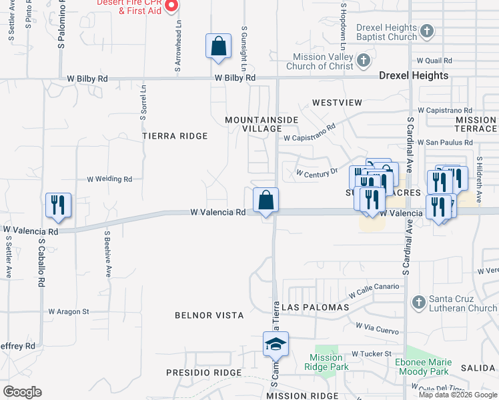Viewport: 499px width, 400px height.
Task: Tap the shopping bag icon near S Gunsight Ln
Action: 218,47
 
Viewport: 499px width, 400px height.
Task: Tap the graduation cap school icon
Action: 276,345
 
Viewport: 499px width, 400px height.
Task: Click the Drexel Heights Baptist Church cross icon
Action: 427,31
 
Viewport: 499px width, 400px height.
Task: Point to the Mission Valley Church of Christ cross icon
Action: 363,61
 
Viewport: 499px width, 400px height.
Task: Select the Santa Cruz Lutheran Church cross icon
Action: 418,302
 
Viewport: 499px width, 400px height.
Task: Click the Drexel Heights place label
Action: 414,76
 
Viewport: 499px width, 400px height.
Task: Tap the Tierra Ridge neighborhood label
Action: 175,136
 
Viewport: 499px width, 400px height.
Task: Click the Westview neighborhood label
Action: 336,103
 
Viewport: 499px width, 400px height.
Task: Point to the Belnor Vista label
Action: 209,315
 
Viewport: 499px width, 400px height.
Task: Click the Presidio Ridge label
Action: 197,372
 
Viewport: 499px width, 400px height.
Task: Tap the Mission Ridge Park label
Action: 326,362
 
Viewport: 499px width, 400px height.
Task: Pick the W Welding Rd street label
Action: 109,179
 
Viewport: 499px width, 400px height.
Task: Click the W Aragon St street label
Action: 68,311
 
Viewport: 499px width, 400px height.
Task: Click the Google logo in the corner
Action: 22,392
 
